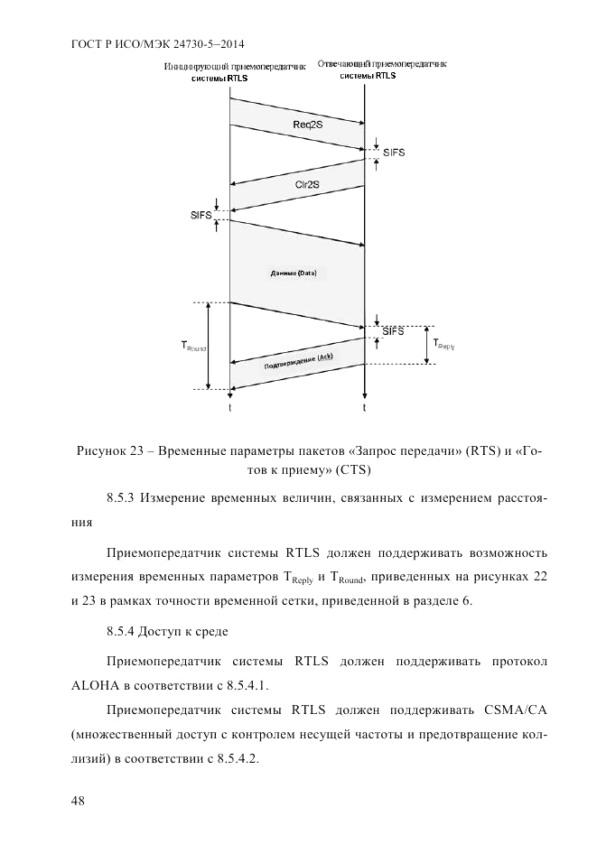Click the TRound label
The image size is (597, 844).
pos(194,346)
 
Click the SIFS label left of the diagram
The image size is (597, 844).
pos(201,216)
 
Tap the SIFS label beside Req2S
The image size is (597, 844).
pos(394,153)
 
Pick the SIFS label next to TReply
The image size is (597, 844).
pos(393,331)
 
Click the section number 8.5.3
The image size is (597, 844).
pos(122,497)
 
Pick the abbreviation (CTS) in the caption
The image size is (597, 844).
pos(353,469)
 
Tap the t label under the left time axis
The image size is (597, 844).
pos(230,408)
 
